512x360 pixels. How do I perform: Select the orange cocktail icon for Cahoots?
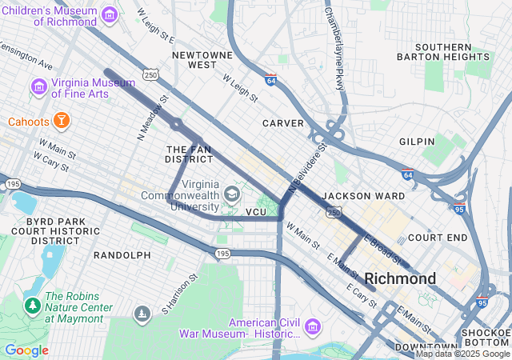click(62, 121)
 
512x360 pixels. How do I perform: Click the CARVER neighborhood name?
click(283, 123)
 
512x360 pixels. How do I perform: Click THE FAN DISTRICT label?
click(190, 154)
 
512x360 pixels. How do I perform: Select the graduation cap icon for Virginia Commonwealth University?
click(231, 194)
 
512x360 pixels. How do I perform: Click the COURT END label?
click(437, 238)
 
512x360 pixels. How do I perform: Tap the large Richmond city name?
click(400, 278)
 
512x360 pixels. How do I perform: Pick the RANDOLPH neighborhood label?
click(122, 254)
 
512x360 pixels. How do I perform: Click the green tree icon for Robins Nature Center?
click(32, 305)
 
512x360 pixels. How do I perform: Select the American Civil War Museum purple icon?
click(312, 328)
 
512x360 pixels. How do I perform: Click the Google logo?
click(26, 350)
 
